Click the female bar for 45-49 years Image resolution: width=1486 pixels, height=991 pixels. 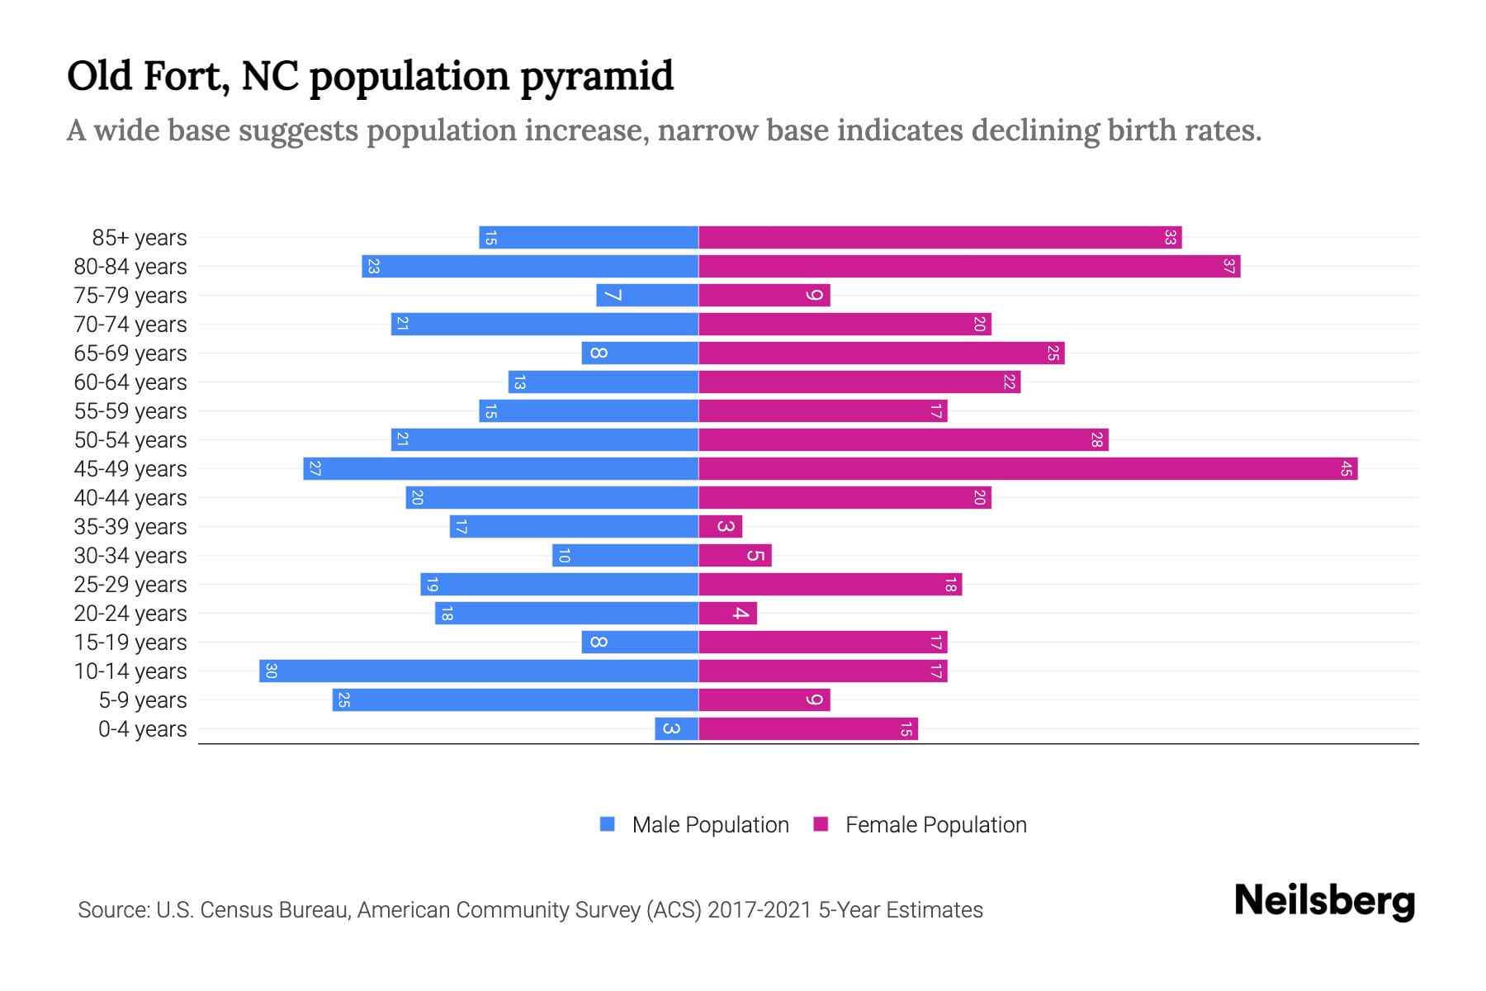pyautogui.click(x=1028, y=469)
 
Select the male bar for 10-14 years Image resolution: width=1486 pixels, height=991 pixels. pyautogui.click(x=479, y=671)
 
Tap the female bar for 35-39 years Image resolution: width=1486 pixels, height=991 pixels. pyautogui.click(x=721, y=527)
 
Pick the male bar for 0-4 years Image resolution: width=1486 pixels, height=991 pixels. pyautogui.click(x=677, y=729)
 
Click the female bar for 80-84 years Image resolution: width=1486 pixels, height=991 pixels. pyautogui.click(x=969, y=267)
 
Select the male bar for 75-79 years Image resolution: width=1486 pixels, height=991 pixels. pyautogui.click(x=647, y=296)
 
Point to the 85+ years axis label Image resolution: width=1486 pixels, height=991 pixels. pyautogui.click(x=140, y=238)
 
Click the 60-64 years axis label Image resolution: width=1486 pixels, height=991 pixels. pyautogui.click(x=130, y=382)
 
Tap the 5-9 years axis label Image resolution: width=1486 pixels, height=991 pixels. pyautogui.click(x=143, y=700)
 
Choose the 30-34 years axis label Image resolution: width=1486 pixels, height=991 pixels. pyautogui.click(x=130, y=556)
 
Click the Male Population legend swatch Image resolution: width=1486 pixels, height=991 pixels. pyautogui.click(x=608, y=824)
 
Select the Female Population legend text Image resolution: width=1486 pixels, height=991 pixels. pyautogui.click(x=935, y=825)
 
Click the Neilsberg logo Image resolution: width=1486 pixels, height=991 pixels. pyautogui.click(x=1324, y=901)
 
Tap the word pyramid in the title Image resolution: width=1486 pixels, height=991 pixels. pyautogui.click(x=597, y=77)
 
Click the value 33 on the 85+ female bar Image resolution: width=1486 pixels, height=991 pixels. pyautogui.click(x=1170, y=238)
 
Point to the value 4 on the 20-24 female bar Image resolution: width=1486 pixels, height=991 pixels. pyautogui.click(x=741, y=614)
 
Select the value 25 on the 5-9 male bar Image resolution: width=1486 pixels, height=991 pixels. pyautogui.click(x=344, y=700)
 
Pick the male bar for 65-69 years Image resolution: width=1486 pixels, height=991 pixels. pyautogui.click(x=640, y=353)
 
